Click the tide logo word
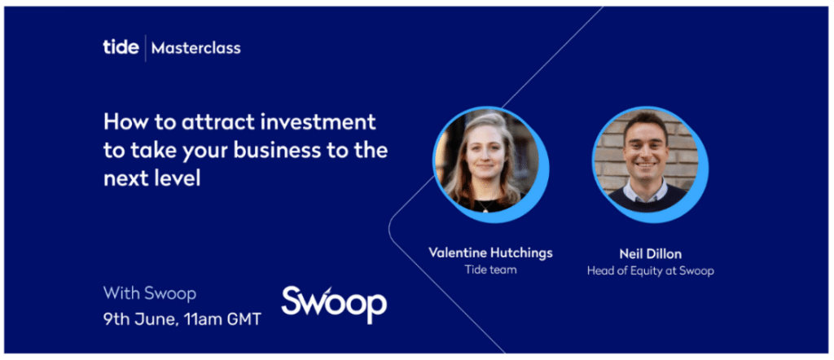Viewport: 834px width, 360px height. point(121,47)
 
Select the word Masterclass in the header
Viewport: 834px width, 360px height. point(195,48)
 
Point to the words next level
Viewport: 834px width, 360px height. point(151,179)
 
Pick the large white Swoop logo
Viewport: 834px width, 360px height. point(334,304)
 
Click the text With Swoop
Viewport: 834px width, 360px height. point(150,293)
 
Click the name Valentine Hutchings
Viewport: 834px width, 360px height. point(490,252)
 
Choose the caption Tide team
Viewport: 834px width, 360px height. point(490,270)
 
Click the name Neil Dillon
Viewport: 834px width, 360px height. point(651,253)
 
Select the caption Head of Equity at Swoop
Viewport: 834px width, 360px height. point(651,271)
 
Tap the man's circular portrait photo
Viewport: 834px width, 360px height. point(646,160)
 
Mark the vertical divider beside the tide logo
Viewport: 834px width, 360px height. point(145,48)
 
